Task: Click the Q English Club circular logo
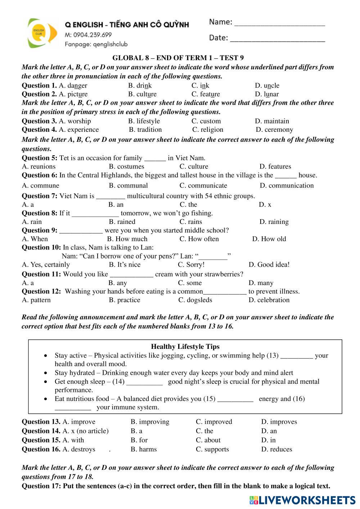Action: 42,33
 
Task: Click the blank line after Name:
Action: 279,24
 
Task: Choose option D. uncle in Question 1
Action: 267,86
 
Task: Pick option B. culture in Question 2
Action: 142,94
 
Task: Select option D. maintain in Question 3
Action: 272,121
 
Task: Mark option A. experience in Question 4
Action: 78,130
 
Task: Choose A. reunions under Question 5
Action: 39,167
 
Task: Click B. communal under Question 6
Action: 128,186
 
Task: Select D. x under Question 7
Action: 265,204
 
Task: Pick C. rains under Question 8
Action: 191,222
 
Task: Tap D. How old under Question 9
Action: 269,239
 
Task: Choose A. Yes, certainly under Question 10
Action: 46,265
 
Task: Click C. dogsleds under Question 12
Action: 195,300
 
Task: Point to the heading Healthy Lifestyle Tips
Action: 185,347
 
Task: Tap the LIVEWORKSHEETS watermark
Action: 302,500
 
